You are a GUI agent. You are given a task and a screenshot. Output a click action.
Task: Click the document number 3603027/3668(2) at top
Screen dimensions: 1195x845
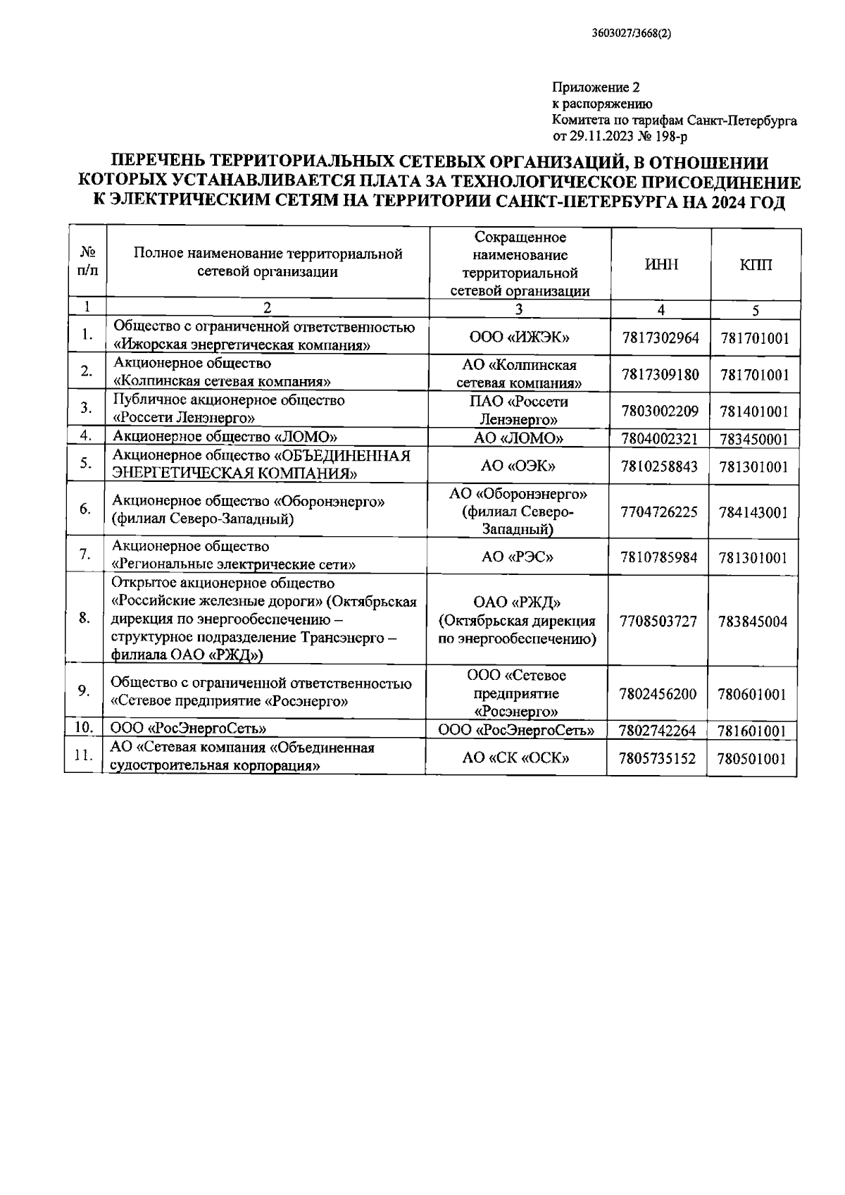632,32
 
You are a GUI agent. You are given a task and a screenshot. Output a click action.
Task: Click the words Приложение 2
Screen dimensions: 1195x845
596,88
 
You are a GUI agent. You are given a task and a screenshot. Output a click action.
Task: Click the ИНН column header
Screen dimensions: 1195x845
662,265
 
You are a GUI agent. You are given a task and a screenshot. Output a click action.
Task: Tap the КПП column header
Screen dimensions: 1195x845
756,265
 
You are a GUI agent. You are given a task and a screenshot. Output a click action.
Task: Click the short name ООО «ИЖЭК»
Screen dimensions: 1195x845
519,338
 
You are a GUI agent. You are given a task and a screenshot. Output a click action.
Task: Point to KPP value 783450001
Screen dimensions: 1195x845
753,440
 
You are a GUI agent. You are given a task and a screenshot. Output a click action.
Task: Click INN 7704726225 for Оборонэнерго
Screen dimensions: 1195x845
659,512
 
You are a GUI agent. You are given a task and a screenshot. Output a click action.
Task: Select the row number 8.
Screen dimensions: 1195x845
84,618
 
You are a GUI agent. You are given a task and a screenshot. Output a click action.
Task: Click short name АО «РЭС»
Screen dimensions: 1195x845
518,557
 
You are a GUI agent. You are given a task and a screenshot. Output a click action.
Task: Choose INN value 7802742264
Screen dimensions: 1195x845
658,731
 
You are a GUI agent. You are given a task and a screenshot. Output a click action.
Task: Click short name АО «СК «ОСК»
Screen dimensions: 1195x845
516,758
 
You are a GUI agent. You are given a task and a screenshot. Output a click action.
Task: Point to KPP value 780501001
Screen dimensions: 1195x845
751,759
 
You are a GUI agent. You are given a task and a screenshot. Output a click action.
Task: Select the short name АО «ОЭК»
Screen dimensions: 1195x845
518,466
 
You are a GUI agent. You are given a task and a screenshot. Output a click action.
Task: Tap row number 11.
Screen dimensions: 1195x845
84,756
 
